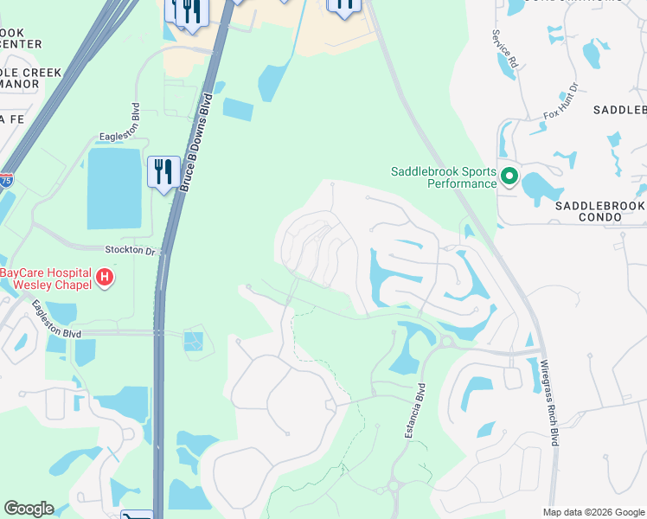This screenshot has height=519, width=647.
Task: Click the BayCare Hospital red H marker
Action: click(104, 278)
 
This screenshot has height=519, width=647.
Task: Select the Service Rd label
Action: click(503, 49)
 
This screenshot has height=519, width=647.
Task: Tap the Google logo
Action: click(29, 509)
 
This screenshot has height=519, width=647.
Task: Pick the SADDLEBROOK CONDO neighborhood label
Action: click(599, 211)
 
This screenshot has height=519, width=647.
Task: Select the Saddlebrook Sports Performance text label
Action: click(444, 177)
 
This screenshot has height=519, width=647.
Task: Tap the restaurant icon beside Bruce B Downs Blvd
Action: click(163, 171)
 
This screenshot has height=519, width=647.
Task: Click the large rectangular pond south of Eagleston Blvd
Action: click(113, 189)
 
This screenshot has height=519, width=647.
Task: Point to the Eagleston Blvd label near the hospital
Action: click(55, 319)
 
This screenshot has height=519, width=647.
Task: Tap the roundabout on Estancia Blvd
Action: click(394, 486)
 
